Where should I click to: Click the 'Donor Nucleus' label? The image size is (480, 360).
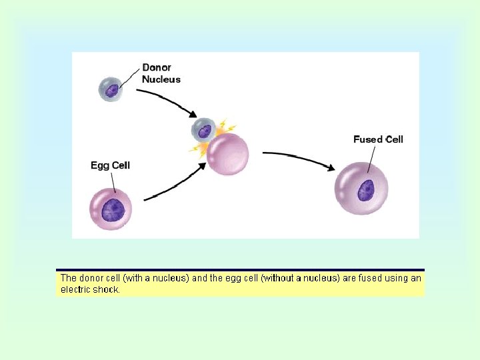161,73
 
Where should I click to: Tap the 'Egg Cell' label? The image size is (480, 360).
110,165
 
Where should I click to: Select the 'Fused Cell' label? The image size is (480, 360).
378,139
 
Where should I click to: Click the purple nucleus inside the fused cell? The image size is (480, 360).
365,191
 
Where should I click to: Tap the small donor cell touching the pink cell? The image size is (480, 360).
203,129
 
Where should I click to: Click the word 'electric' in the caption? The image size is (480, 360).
77,290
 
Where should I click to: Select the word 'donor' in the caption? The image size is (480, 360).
91,278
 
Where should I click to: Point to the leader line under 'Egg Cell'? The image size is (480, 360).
113,180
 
